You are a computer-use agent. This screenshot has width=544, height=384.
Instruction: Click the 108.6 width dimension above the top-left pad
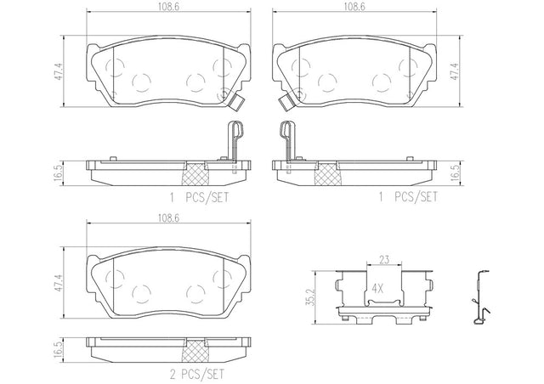[169, 7]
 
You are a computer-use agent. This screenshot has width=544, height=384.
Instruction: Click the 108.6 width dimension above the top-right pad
[354, 7]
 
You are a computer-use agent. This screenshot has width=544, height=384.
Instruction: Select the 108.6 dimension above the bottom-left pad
[168, 218]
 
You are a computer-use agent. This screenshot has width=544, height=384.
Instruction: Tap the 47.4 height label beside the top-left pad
[59, 72]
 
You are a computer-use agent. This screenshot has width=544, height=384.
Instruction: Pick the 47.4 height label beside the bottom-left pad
[59, 283]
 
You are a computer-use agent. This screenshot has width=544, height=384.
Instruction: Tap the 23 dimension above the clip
[384, 259]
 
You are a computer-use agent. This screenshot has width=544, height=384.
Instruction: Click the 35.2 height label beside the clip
[312, 297]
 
